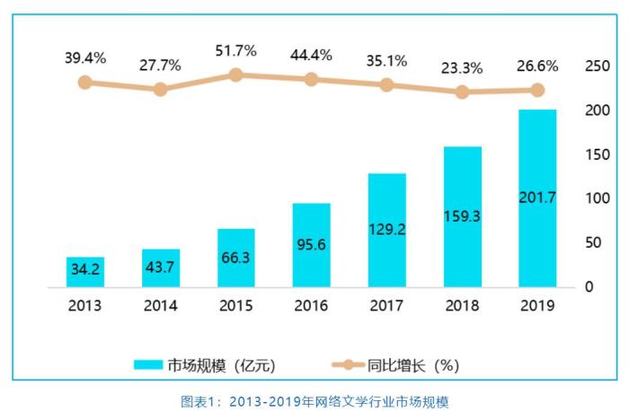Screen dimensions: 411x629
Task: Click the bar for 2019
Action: pyautogui.click(x=537, y=198)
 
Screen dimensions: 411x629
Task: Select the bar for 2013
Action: pyautogui.click(x=84, y=272)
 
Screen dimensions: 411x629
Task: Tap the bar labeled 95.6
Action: pyautogui.click(x=312, y=245)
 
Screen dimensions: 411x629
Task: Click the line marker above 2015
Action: pyautogui.click(x=235, y=75)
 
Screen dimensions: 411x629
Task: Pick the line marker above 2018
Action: pyautogui.click(x=463, y=92)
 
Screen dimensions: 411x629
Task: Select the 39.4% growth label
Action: pyautogui.click(x=84, y=58)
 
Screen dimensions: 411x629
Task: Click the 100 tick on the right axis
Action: pyautogui.click(x=597, y=198)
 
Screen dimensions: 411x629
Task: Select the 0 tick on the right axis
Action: pyautogui.click(x=589, y=286)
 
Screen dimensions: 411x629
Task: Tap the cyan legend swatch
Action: pyautogui.click(x=147, y=365)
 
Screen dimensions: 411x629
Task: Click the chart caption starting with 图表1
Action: pyautogui.click(x=314, y=400)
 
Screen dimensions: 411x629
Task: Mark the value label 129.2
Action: pyautogui.click(x=386, y=230)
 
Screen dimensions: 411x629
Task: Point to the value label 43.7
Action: pyautogui.click(x=160, y=268)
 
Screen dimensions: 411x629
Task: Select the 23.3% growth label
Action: pyautogui.click(x=463, y=67)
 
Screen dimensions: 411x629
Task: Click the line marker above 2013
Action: pyautogui.click(x=84, y=83)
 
